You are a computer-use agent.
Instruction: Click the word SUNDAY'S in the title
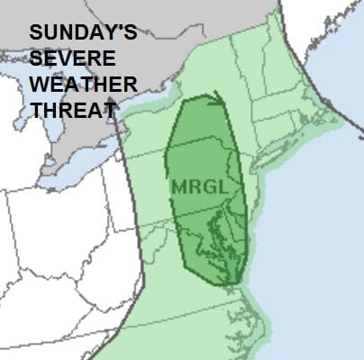tap(83, 34)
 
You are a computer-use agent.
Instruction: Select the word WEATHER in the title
tap(82, 85)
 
